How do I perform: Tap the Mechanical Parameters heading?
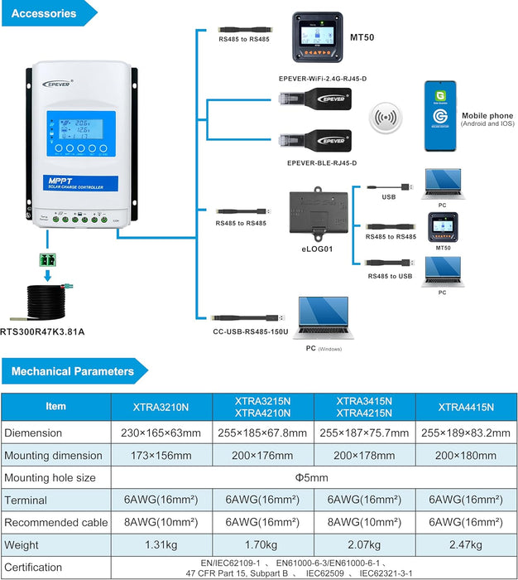[x=73, y=372]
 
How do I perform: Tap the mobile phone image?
[x=440, y=116]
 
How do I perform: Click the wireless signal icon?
[x=383, y=117]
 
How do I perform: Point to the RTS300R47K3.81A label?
[x=44, y=332]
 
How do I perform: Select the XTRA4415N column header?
[x=466, y=407]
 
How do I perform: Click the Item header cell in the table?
[x=55, y=407]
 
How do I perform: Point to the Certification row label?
[x=33, y=568]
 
